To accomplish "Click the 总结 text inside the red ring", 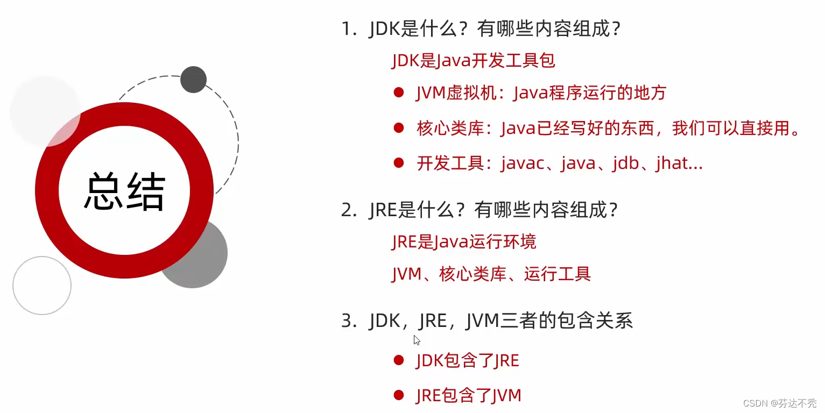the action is (124, 191).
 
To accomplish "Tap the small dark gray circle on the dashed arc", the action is (193, 80).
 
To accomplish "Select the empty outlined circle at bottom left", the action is (42, 286).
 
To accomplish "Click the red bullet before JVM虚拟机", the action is (398, 92).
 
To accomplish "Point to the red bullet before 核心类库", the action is (398, 128).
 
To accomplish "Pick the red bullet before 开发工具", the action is (398, 163).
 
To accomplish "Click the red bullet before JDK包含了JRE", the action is (398, 360).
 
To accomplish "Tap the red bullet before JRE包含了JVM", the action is (398, 395).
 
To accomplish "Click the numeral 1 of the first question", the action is (345, 29).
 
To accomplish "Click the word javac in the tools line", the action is (522, 163).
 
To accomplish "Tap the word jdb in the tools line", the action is (625, 163).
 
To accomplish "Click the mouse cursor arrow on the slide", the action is (417, 340).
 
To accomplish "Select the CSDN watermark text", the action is (780, 403).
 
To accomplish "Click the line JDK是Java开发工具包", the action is (473, 60).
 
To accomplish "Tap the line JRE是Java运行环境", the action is (464, 242).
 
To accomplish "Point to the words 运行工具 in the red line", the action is (557, 274).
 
